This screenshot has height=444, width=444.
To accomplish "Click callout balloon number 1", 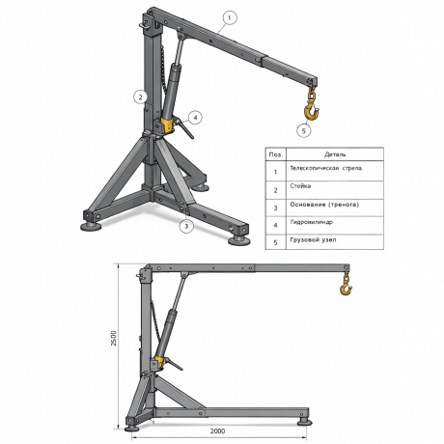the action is click(230, 17).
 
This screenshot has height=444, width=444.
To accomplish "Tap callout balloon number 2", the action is click(140, 97).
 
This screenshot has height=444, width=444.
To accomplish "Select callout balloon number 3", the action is click(186, 226).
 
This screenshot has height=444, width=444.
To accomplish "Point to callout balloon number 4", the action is click(195, 118).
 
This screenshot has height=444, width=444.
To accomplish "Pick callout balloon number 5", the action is click(304, 130).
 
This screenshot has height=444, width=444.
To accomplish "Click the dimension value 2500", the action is click(114, 338).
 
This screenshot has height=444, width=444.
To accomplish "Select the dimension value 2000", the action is click(217, 430).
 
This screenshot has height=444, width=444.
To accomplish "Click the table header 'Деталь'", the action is click(335, 154).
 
